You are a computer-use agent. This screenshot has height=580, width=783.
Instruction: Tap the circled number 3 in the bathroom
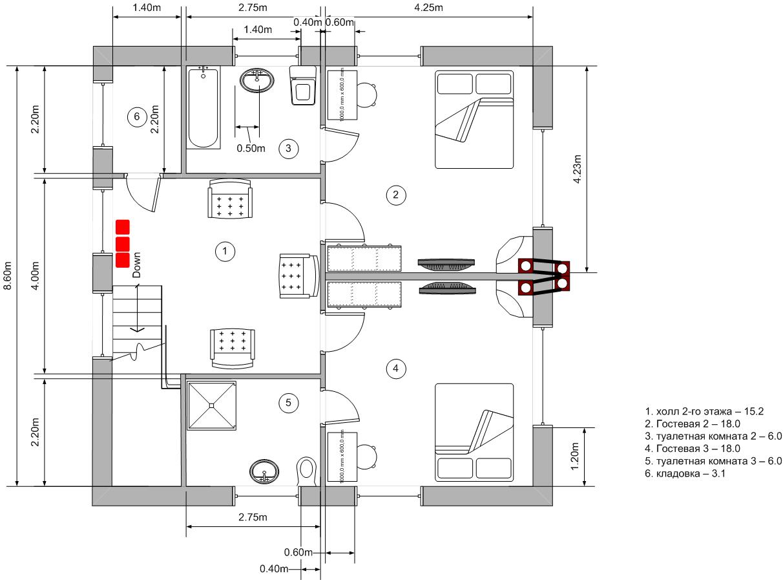pyautogui.click(x=289, y=149)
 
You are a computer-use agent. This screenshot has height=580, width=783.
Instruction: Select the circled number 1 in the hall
pyautogui.click(x=224, y=252)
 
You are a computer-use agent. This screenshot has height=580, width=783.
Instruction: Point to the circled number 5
pyautogui.click(x=289, y=403)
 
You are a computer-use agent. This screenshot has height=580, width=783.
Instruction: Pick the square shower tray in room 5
pyautogui.click(x=212, y=405)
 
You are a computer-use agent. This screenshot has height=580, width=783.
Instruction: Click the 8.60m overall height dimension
pyautogui.click(x=8, y=275)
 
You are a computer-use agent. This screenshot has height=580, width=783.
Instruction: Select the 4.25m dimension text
pyautogui.click(x=428, y=8)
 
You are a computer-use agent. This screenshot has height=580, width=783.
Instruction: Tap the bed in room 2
pyautogui.click(x=474, y=120)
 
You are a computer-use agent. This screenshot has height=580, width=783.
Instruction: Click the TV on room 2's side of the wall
pyautogui.click(x=447, y=264)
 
